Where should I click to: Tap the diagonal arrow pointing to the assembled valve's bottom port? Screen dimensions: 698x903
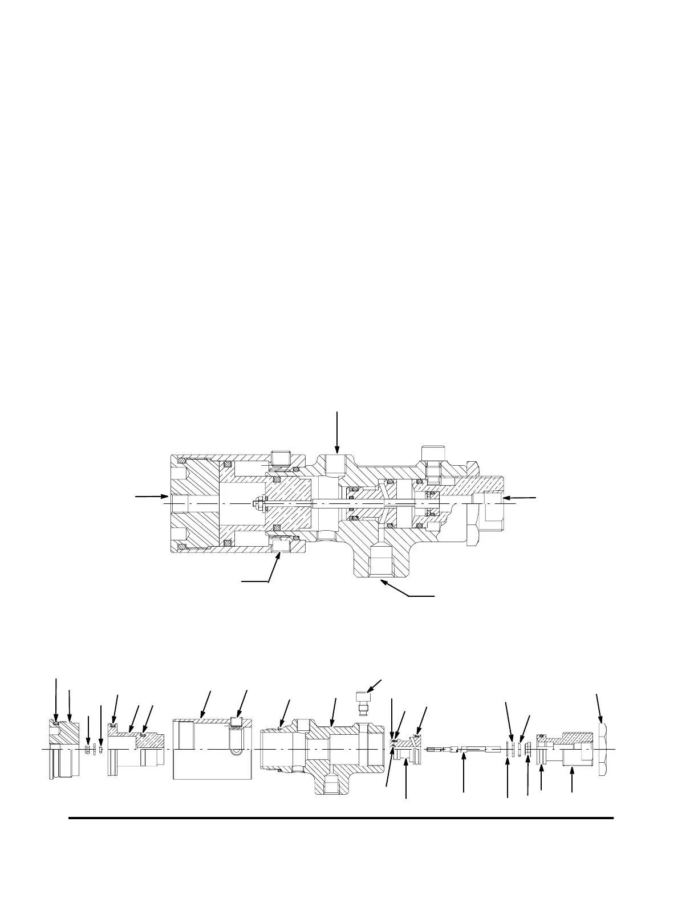408,589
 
